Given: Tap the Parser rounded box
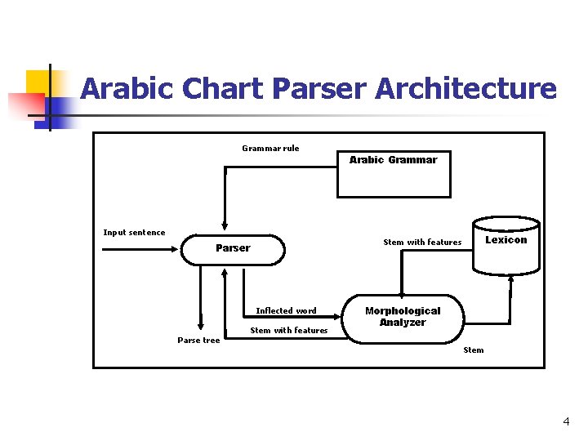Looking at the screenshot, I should pos(233,248).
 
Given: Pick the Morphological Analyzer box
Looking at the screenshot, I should pos(403,317).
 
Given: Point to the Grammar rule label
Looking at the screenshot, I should pos(270,148).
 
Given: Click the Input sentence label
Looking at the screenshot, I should pos(134,233).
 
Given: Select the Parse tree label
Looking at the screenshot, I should pos(198,341).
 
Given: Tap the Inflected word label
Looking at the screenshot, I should pos(286,310).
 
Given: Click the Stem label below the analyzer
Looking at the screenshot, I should pos(474,350).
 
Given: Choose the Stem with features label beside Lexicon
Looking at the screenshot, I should pos(422,242).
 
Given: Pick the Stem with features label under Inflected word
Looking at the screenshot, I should pos(288,331).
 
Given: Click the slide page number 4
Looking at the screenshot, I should pos(566,422).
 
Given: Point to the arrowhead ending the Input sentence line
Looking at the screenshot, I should pos(176,248).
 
